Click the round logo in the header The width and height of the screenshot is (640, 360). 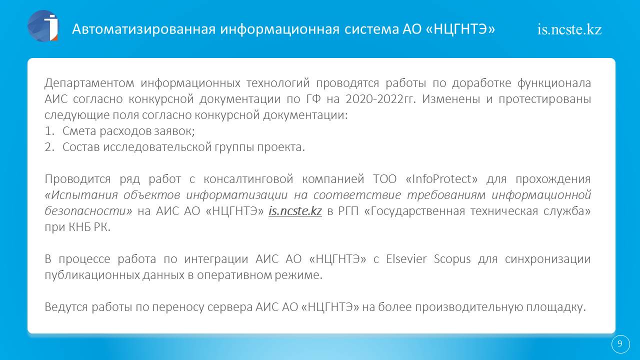(x=43, y=26)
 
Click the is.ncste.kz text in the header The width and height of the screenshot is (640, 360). (x=569, y=29)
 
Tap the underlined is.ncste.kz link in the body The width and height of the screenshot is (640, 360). (x=295, y=211)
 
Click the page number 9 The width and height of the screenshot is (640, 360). (x=619, y=343)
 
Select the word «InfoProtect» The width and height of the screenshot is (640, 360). (x=441, y=179)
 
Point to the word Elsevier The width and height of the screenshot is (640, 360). (x=406, y=259)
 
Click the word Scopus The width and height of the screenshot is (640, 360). (x=452, y=259)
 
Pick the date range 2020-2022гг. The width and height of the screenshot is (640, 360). (x=380, y=99)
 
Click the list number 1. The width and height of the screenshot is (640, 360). (x=49, y=131)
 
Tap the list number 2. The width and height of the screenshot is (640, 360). (x=49, y=147)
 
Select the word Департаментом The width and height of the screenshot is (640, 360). (x=89, y=83)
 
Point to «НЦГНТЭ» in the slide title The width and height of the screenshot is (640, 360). (x=460, y=29)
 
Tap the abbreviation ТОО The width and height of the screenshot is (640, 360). (x=385, y=179)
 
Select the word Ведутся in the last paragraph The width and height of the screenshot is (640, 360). (x=65, y=307)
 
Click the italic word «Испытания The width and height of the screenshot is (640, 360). (x=81, y=195)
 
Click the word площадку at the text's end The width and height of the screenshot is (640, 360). (x=556, y=307)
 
